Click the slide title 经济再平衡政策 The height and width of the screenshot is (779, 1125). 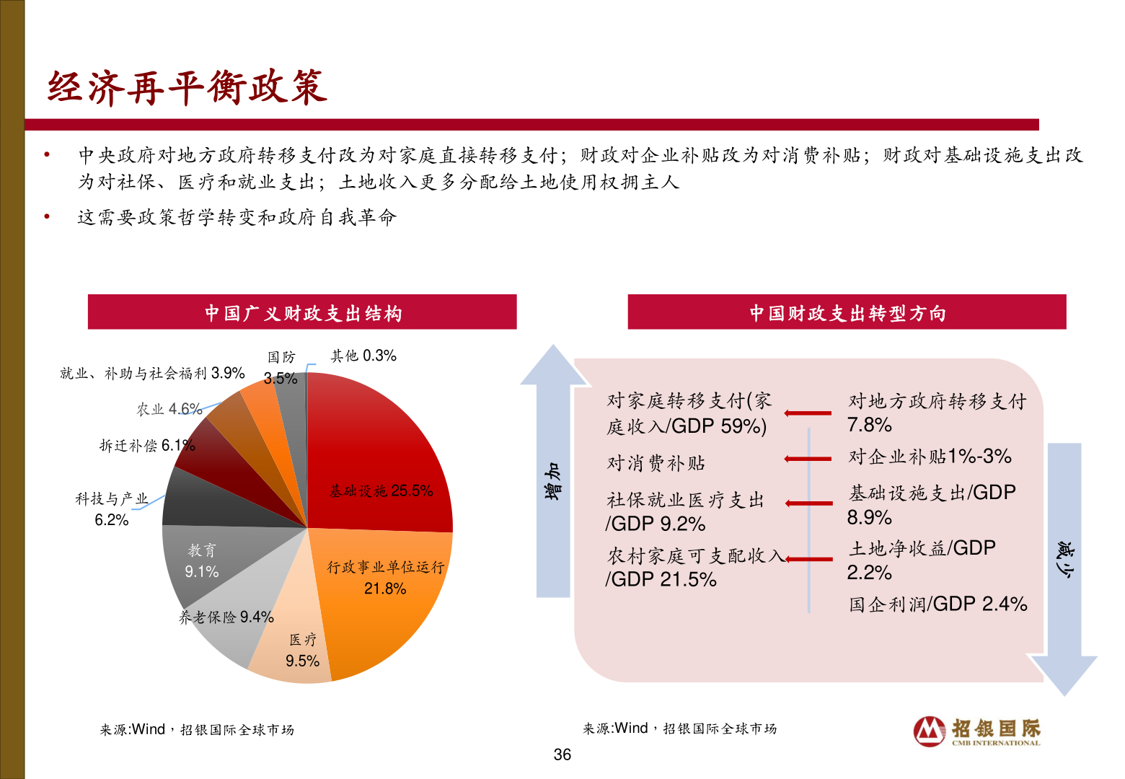pyautogui.click(x=187, y=88)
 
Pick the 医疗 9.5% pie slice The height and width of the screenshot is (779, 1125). pyautogui.click(x=296, y=649)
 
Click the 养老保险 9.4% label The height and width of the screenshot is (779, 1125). pyautogui.click(x=226, y=617)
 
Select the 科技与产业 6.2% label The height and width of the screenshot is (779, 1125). pyautogui.click(x=112, y=509)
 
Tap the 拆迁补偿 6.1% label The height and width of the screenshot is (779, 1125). pyautogui.click(x=146, y=446)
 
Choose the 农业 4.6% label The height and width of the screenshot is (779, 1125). pyautogui.click(x=169, y=410)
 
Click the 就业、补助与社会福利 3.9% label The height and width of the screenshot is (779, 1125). pyautogui.click(x=152, y=374)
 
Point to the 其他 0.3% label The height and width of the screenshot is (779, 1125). pyautogui.click(x=363, y=356)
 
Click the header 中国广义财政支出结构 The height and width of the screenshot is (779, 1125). pyautogui.click(x=302, y=313)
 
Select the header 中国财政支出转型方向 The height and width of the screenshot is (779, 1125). pyautogui.click(x=847, y=313)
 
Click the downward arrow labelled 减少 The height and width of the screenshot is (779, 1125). pyautogui.click(x=1064, y=563)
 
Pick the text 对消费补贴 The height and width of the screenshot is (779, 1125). pyautogui.click(x=656, y=463)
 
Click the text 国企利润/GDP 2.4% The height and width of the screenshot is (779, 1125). pyautogui.click(x=937, y=604)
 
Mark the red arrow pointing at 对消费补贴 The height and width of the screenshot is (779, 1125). pyautogui.click(x=808, y=459)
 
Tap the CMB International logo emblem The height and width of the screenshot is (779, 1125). pyautogui.click(x=930, y=731)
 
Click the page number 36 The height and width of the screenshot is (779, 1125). pyautogui.click(x=562, y=755)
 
